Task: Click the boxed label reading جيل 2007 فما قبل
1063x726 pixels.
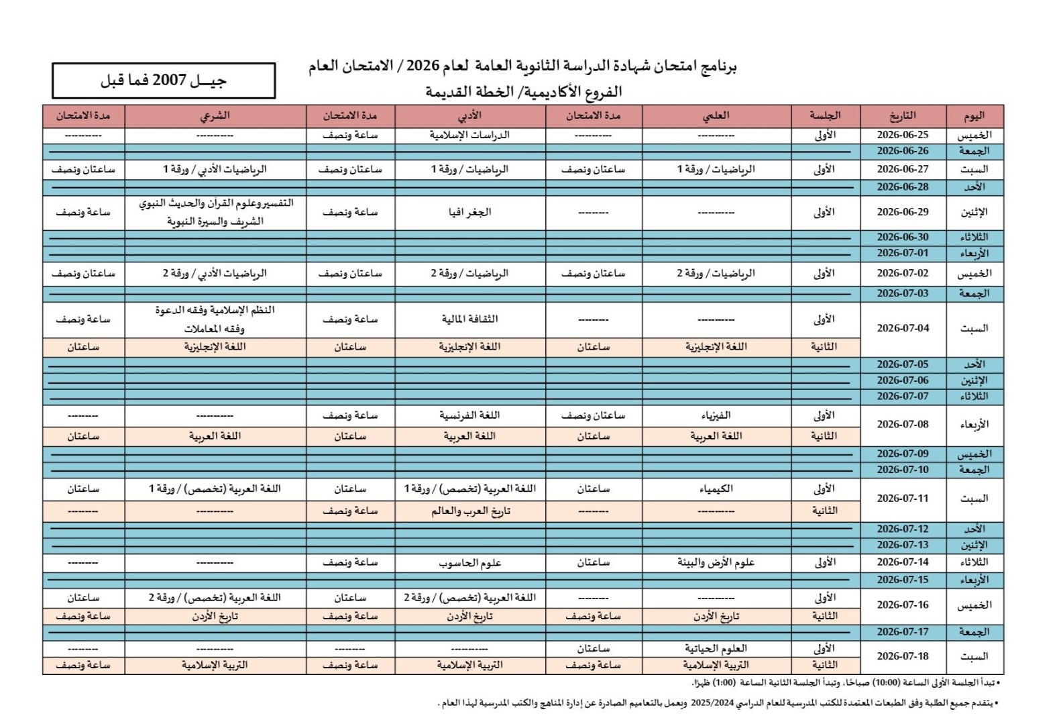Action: [164, 81]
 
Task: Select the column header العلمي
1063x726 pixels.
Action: [716, 116]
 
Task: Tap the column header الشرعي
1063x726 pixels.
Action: [215, 116]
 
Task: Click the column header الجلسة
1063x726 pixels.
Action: [824, 116]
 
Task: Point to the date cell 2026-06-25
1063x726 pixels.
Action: [902, 135]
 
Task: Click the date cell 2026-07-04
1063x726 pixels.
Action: [902, 329]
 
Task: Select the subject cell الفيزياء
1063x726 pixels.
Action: [716, 415]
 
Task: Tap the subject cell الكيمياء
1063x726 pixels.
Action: [716, 489]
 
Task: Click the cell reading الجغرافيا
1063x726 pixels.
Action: [469, 213]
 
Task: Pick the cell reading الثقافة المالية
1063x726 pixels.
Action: [469, 319]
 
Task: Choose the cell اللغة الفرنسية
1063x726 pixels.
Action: [469, 415]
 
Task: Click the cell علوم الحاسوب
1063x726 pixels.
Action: [469, 563]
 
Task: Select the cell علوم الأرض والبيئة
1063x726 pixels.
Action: [716, 563]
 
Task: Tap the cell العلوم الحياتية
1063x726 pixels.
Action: [716, 649]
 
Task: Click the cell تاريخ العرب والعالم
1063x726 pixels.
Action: [469, 511]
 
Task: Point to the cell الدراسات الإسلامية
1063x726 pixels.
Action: [469, 135]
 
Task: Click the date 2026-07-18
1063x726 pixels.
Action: [902, 657]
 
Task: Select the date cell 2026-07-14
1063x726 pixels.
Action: [902, 563]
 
